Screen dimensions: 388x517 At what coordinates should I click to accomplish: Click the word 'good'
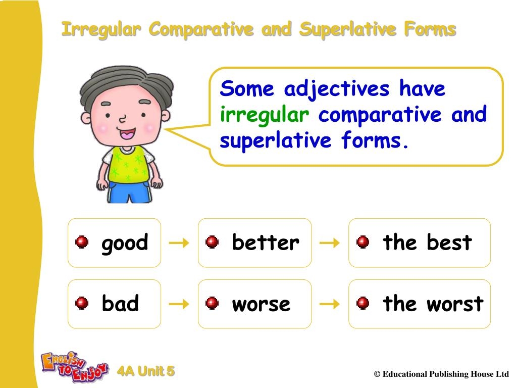[x=125, y=243]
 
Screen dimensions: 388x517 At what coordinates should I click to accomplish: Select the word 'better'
[x=266, y=243]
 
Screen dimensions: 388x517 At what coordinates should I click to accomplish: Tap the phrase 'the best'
[x=427, y=243]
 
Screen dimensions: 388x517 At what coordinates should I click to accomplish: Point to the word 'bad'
[x=120, y=304]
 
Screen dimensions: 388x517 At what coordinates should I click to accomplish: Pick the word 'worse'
[x=261, y=304]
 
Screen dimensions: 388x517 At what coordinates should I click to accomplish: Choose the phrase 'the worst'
[x=433, y=304]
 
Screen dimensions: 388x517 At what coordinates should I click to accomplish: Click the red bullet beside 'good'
[x=82, y=243]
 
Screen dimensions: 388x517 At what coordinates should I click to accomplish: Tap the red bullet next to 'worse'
[x=212, y=304]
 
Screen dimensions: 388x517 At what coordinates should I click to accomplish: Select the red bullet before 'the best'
[x=363, y=243]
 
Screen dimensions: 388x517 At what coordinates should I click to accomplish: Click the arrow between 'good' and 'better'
[x=179, y=244]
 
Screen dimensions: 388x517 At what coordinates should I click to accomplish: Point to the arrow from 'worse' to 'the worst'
[x=330, y=304]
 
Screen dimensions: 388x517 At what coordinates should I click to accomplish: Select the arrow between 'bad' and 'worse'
[x=179, y=304]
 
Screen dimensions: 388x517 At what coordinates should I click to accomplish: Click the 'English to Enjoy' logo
[x=74, y=366]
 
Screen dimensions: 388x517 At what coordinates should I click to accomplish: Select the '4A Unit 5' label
[x=146, y=372]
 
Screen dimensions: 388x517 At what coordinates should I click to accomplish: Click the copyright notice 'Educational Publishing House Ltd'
[x=441, y=374]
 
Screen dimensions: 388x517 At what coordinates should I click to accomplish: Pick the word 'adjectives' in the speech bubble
[x=337, y=89]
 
